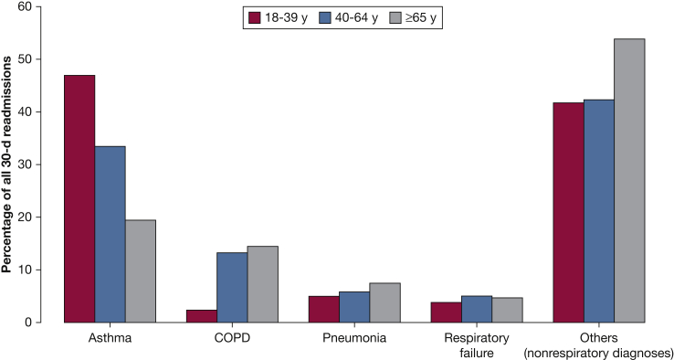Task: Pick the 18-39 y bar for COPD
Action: click(x=202, y=316)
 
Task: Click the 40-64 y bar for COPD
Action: click(x=232, y=287)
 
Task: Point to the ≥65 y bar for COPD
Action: click(x=262, y=284)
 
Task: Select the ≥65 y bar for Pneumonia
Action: click(x=384, y=302)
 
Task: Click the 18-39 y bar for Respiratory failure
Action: click(x=446, y=312)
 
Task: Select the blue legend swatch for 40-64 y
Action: click(x=325, y=17)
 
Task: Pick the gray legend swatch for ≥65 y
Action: click(x=395, y=17)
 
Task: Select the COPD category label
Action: click(x=232, y=338)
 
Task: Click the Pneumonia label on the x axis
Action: click(x=354, y=338)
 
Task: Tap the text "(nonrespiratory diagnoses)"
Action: click(x=598, y=352)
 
